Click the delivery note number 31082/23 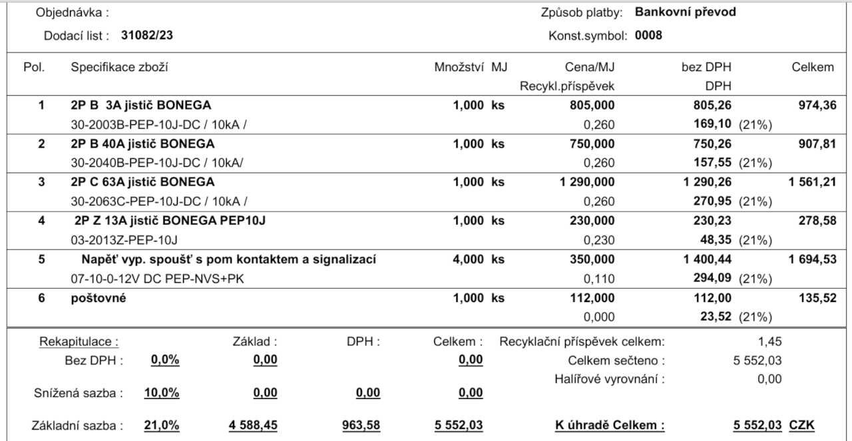(x=147, y=35)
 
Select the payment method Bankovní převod (x=686, y=12)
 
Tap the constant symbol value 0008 (x=648, y=35)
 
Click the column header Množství (x=459, y=67)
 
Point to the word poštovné (x=99, y=298)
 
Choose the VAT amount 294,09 (x=712, y=277)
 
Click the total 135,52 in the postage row (x=817, y=298)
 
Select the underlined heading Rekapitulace (x=79, y=342)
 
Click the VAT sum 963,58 (x=361, y=425)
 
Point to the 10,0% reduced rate (x=162, y=392)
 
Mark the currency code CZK (x=801, y=425)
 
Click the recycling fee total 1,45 (x=769, y=342)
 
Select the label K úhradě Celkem (x=610, y=425)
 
